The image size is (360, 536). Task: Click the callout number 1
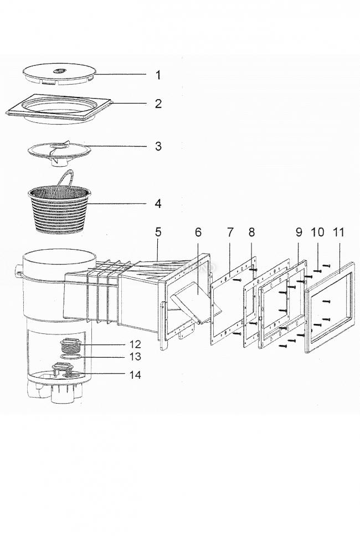click(158, 75)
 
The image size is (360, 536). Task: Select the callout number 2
click(158, 104)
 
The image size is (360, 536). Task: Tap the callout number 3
click(158, 146)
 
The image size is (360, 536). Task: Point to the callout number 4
click(158, 204)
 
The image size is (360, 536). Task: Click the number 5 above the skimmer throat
click(158, 232)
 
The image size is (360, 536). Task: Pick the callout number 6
click(198, 232)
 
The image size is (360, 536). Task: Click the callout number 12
click(135, 344)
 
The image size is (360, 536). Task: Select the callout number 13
click(135, 357)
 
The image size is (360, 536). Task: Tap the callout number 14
click(135, 375)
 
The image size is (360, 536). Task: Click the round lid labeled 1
click(59, 75)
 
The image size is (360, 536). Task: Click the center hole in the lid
click(59, 71)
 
